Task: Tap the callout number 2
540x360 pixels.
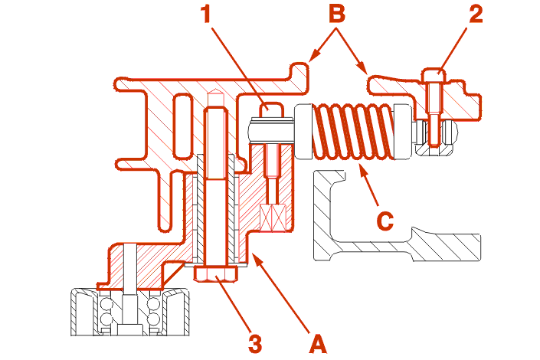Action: [x=476, y=14]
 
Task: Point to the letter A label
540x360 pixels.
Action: [x=317, y=343]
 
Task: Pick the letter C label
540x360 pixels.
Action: [x=385, y=221]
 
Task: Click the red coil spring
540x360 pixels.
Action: [x=352, y=131]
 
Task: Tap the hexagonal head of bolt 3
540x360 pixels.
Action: [x=215, y=274]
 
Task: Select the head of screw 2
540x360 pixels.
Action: [x=434, y=76]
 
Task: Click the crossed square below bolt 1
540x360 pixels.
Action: [x=273, y=218]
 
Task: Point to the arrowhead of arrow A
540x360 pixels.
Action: [x=257, y=259]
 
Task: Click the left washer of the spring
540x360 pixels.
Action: [x=303, y=133]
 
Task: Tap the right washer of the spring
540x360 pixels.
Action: [x=402, y=131]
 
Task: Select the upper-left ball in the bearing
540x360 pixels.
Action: [x=106, y=304]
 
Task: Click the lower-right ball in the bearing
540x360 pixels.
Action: [x=153, y=319]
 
